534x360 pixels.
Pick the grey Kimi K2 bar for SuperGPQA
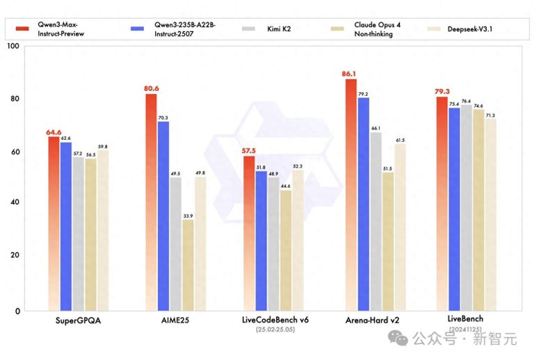click(78, 234)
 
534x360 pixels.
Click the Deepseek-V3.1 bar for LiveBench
click(490, 215)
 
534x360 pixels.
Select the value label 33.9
click(188, 215)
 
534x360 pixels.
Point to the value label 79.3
click(442, 91)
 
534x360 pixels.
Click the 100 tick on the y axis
click(13, 46)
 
